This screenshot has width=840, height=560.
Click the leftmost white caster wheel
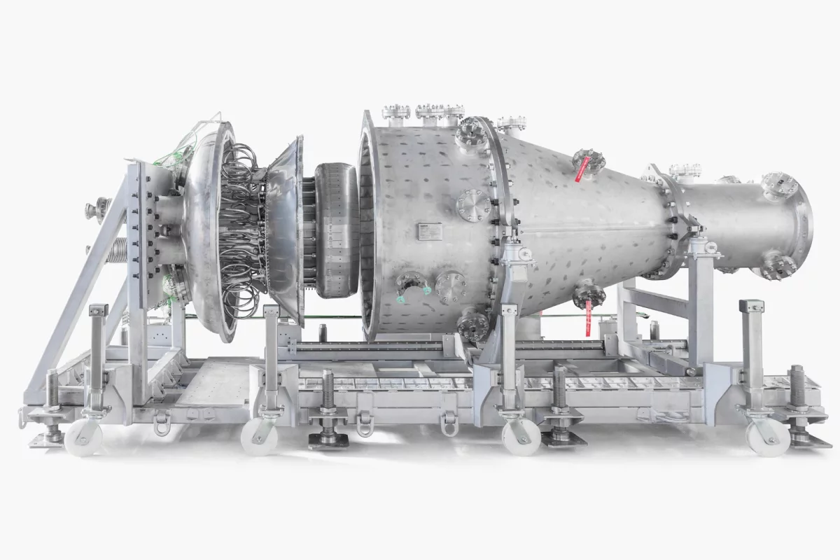[83, 437]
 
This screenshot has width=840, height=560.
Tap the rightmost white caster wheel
[767, 437]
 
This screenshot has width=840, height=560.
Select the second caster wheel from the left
[258, 437]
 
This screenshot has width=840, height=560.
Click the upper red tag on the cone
[580, 170]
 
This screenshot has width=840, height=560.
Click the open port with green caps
[412, 286]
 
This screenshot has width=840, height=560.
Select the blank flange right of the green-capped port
[451, 286]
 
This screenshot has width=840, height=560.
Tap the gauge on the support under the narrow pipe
[710, 247]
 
